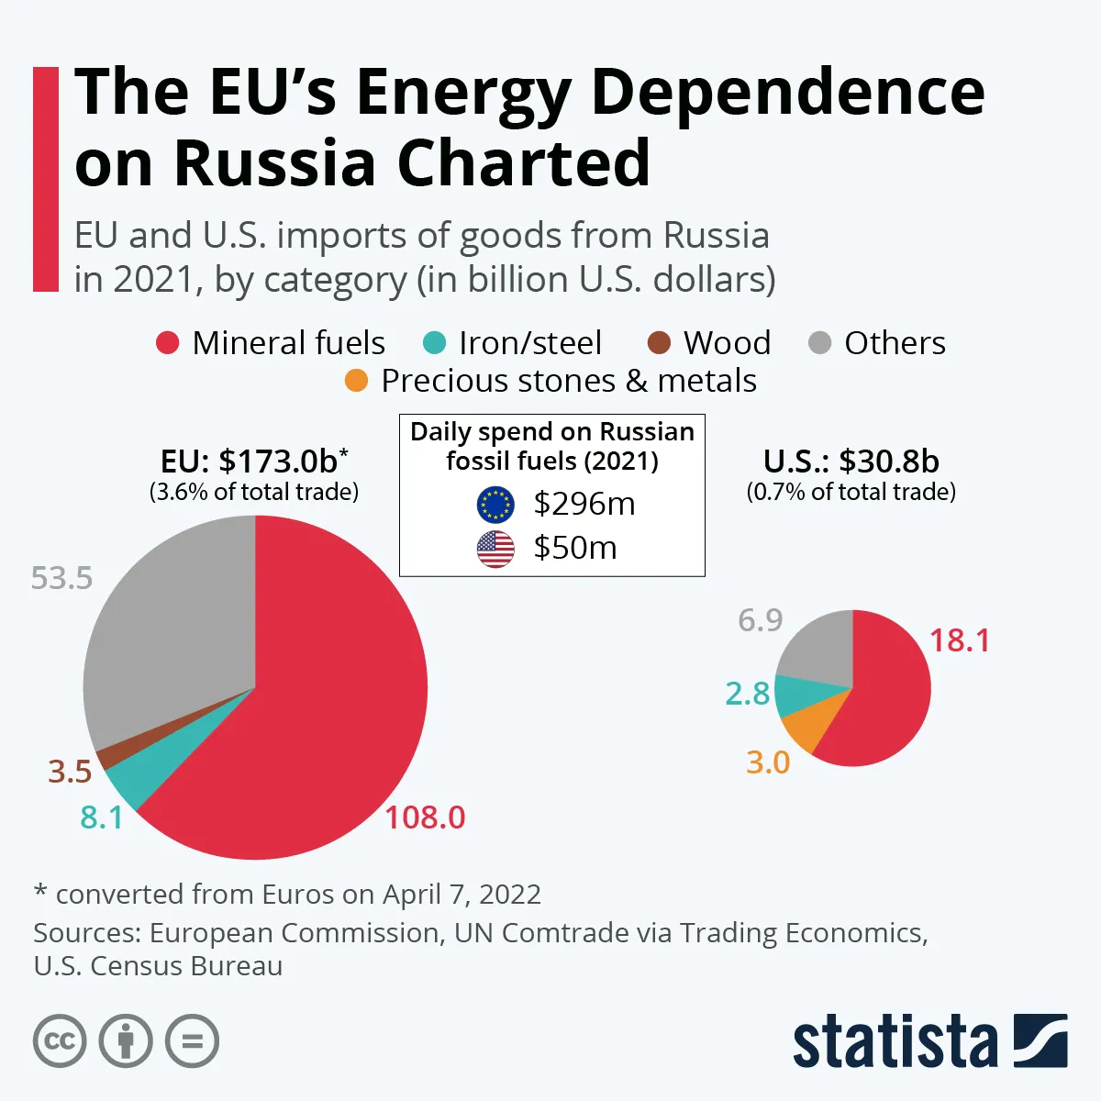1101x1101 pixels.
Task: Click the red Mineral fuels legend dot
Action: (167, 343)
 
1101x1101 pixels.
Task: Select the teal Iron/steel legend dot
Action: (433, 343)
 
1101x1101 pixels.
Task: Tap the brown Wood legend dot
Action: (659, 343)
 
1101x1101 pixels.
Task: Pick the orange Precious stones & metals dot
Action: (356, 380)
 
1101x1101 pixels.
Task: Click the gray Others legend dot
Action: (819, 343)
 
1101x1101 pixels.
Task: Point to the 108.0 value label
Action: (425, 817)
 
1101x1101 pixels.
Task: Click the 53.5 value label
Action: (61, 578)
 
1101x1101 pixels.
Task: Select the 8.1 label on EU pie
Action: (101, 817)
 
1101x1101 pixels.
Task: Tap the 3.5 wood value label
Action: (70, 772)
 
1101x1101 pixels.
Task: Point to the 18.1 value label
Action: (960, 639)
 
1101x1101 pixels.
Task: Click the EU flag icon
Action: (495, 504)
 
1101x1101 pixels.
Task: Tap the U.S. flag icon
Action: (495, 548)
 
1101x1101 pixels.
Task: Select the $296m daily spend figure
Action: (584, 504)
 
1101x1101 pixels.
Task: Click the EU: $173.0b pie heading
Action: (254, 461)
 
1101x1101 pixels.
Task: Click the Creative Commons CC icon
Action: (60, 1041)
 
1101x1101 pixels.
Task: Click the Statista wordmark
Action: (895, 1041)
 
